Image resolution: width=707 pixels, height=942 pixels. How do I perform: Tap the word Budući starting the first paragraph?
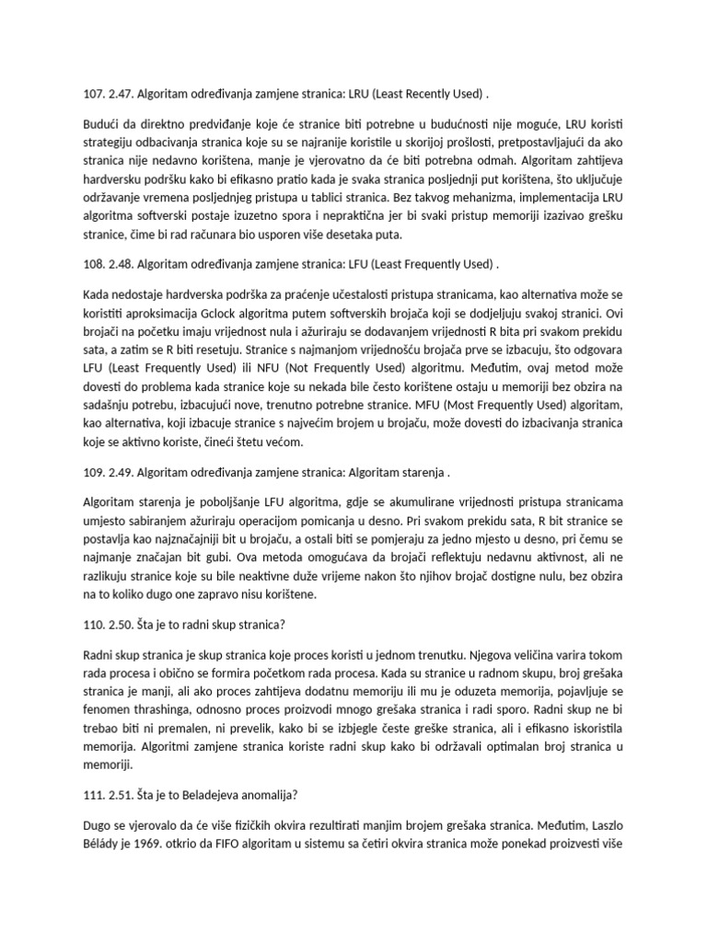102,124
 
